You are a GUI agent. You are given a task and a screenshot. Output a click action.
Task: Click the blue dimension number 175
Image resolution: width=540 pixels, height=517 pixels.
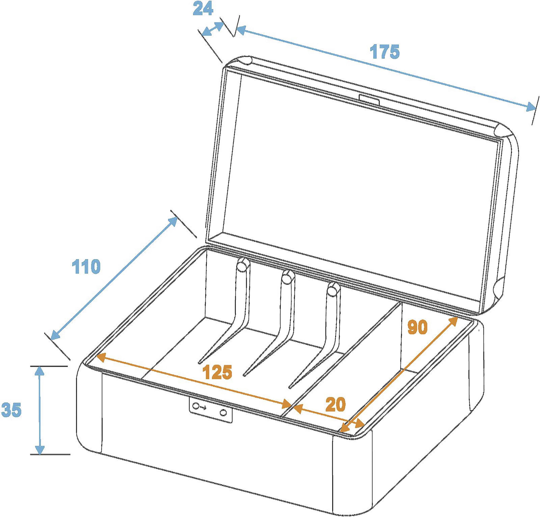click(384, 52)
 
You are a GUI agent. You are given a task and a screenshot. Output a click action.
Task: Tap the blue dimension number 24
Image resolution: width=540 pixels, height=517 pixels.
click(203, 9)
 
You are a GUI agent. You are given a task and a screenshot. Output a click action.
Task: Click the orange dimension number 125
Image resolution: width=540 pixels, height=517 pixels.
click(217, 372)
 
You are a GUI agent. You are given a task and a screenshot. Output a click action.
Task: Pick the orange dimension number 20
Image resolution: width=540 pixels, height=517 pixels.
click(335, 405)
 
